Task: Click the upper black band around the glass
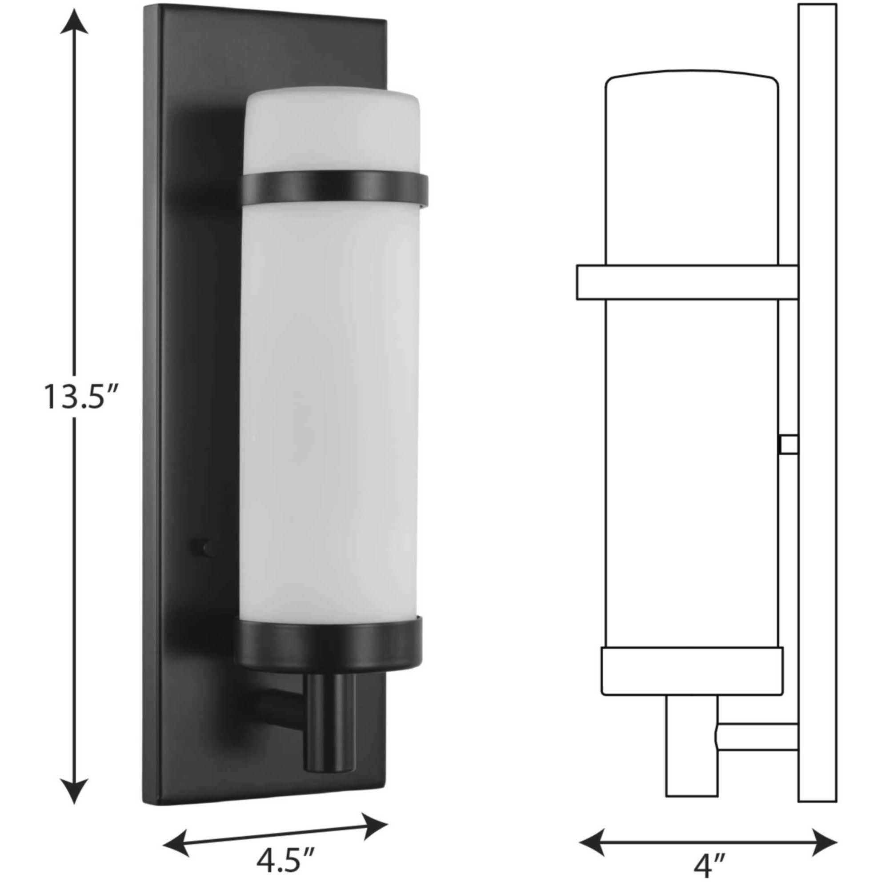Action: click(x=334, y=187)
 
